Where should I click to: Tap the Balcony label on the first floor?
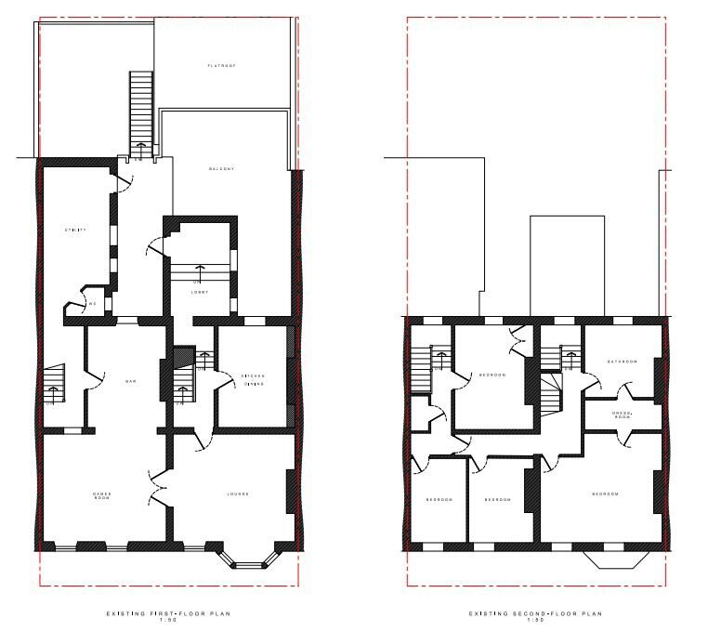click(x=221, y=168)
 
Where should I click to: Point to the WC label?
click(x=92, y=304)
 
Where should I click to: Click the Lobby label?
click(x=200, y=292)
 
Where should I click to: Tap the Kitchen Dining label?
click(x=253, y=380)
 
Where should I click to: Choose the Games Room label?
click(x=101, y=495)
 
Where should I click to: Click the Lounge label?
click(x=237, y=494)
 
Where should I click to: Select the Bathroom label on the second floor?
click(x=622, y=362)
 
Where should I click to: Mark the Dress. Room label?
click(x=622, y=415)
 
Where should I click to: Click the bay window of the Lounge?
click(x=246, y=561)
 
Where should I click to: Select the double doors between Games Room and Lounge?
click(x=158, y=488)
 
